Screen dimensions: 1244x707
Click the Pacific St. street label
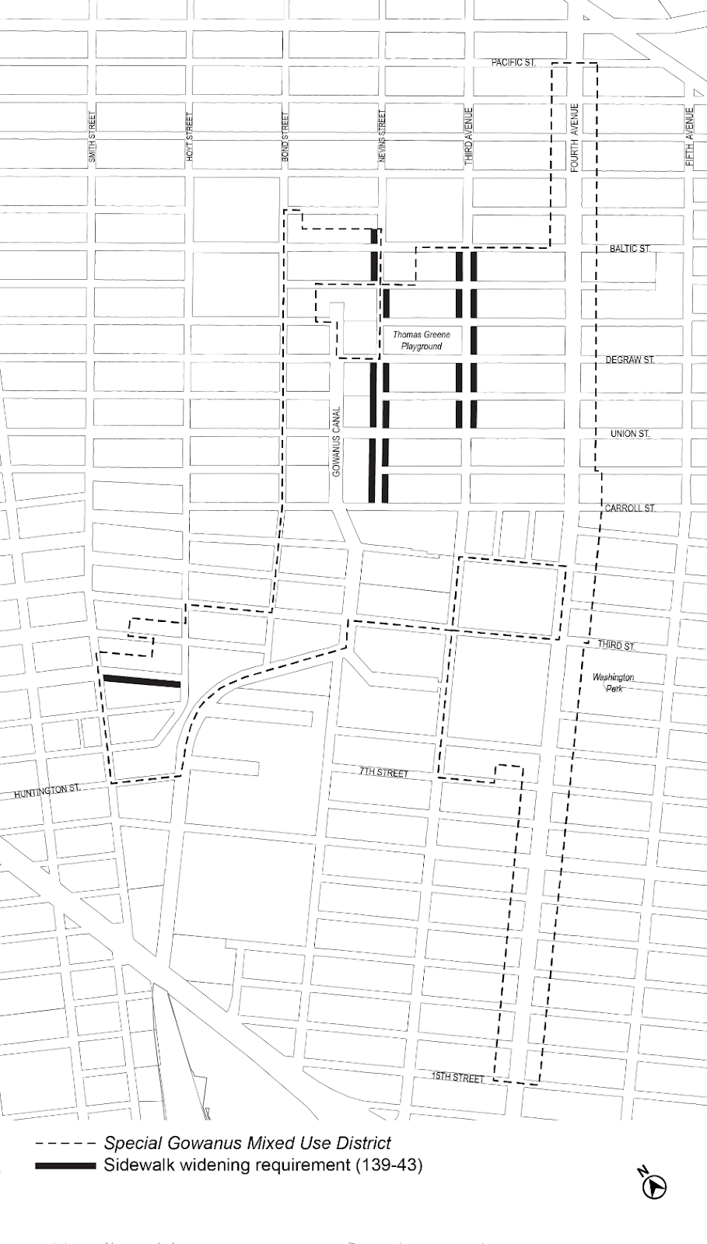click(x=513, y=62)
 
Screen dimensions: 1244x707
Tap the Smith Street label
click(x=93, y=138)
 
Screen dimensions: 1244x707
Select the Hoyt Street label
click(x=190, y=138)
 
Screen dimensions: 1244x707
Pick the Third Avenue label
click(x=469, y=136)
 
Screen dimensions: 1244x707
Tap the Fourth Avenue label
click(x=575, y=138)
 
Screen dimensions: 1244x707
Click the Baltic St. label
click(x=630, y=249)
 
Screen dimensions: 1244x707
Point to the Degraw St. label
click(x=630, y=360)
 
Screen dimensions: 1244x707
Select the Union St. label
click(x=630, y=434)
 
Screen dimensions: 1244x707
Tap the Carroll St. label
click(x=630, y=508)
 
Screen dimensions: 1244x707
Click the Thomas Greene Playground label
click(x=422, y=341)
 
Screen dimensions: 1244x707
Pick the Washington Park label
click(x=613, y=683)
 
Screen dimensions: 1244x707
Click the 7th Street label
click(x=383, y=773)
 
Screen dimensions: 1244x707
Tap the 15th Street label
click(x=459, y=1078)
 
